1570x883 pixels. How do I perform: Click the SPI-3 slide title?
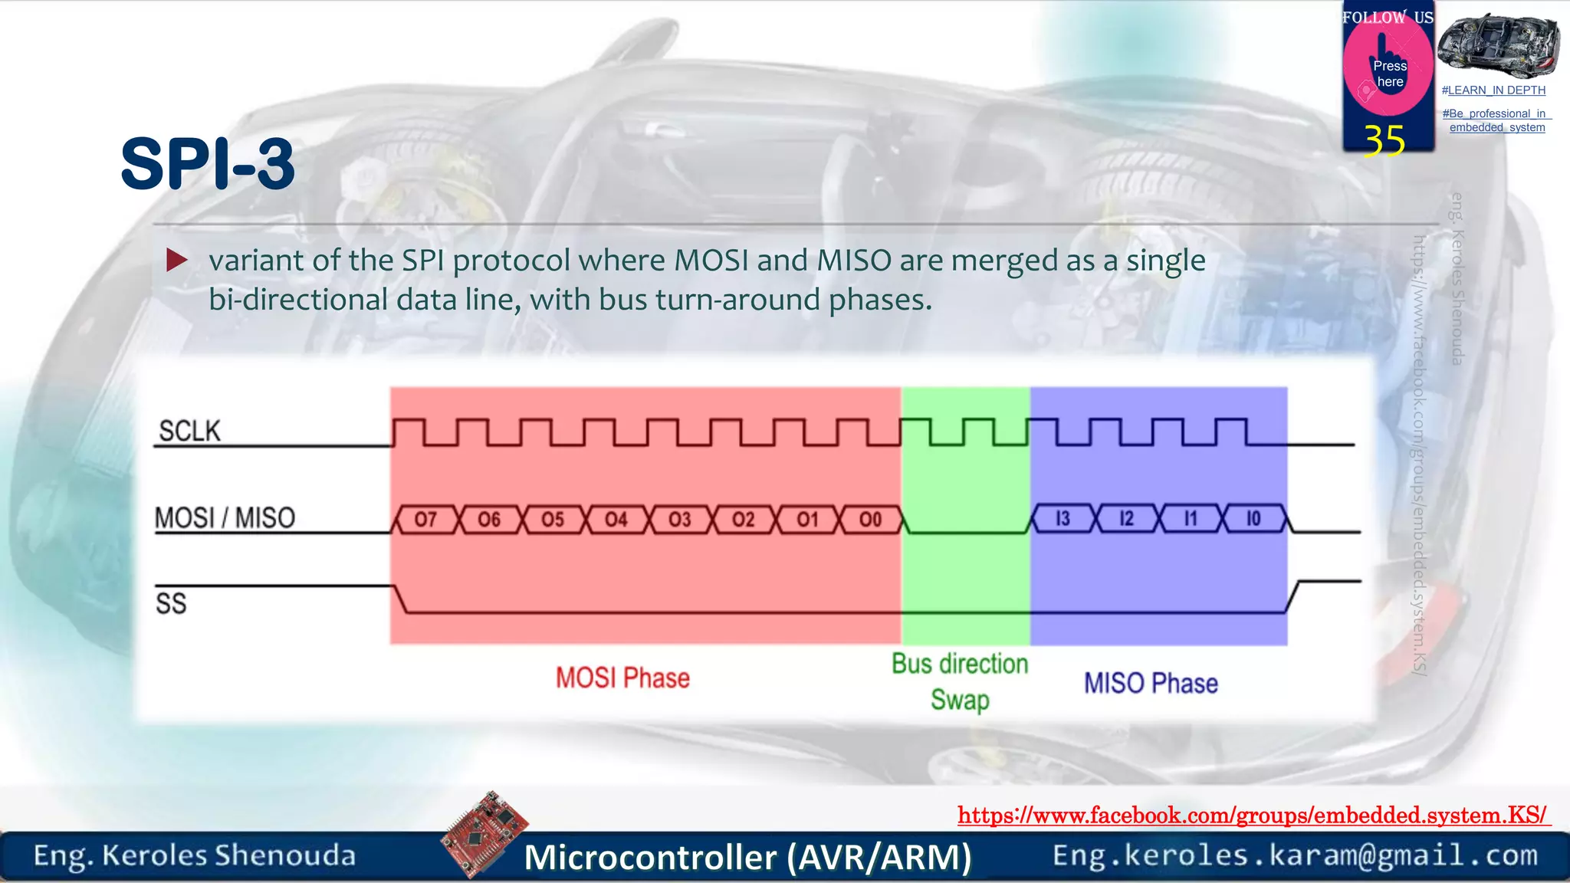pyautogui.click(x=208, y=164)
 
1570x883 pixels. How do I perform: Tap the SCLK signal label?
pyautogui.click(x=189, y=431)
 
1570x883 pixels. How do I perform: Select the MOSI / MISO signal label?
pyautogui.click(x=225, y=518)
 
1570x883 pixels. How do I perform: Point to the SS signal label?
pyautogui.click(x=171, y=603)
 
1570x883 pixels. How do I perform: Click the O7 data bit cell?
pyautogui.click(x=425, y=520)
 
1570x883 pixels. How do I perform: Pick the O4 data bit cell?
pyautogui.click(x=616, y=520)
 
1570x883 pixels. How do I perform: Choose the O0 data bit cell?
pyautogui.click(x=870, y=520)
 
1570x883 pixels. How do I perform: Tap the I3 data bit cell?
pyautogui.click(x=1063, y=519)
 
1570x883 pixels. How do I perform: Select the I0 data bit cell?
pyautogui.click(x=1253, y=519)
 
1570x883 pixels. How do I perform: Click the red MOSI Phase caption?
pyautogui.click(x=622, y=678)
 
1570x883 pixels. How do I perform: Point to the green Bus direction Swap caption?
pyautogui.click(x=960, y=681)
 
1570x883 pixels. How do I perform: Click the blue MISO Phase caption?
pyautogui.click(x=1151, y=683)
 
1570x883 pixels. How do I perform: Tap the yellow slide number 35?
pyautogui.click(x=1384, y=141)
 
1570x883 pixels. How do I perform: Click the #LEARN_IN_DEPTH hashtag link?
pyautogui.click(x=1493, y=90)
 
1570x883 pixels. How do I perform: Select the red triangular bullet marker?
pyautogui.click(x=176, y=261)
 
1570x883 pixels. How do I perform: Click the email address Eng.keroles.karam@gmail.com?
pyautogui.click(x=1295, y=855)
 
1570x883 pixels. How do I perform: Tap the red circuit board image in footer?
pyautogui.click(x=484, y=832)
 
